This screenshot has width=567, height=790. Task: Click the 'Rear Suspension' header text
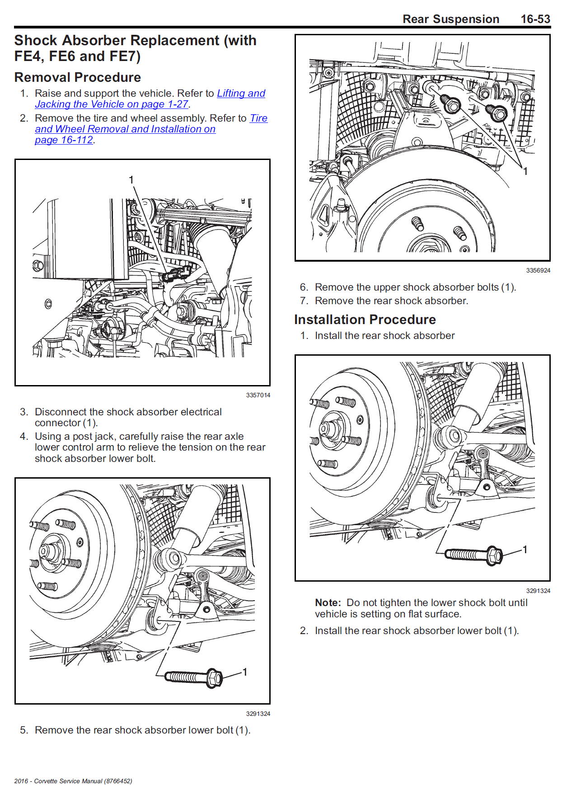(450, 19)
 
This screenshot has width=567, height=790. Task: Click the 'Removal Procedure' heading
(78, 77)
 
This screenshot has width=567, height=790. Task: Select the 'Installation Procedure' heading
(365, 320)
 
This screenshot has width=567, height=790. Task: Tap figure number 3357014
(258, 395)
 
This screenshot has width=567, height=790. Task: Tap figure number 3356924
(538, 270)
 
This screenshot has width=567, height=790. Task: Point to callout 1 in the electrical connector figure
(131, 180)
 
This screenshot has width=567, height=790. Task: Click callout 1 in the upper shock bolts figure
(525, 171)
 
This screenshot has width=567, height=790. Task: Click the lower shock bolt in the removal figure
(193, 677)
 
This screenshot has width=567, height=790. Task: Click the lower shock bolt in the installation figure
(473, 555)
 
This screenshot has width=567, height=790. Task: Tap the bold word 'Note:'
(328, 602)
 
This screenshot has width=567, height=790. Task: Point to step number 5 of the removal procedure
(24, 730)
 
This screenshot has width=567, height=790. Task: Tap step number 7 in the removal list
(304, 301)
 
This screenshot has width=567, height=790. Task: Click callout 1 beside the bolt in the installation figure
(525, 549)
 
